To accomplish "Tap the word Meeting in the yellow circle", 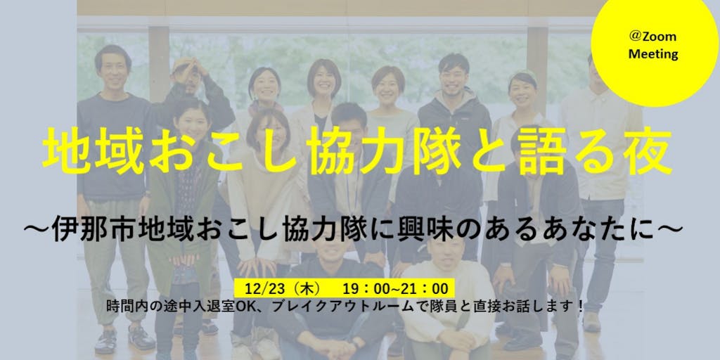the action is point(653,54).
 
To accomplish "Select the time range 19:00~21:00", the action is point(395,288).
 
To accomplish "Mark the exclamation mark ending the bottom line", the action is point(581,307).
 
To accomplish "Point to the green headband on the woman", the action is point(523,75).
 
